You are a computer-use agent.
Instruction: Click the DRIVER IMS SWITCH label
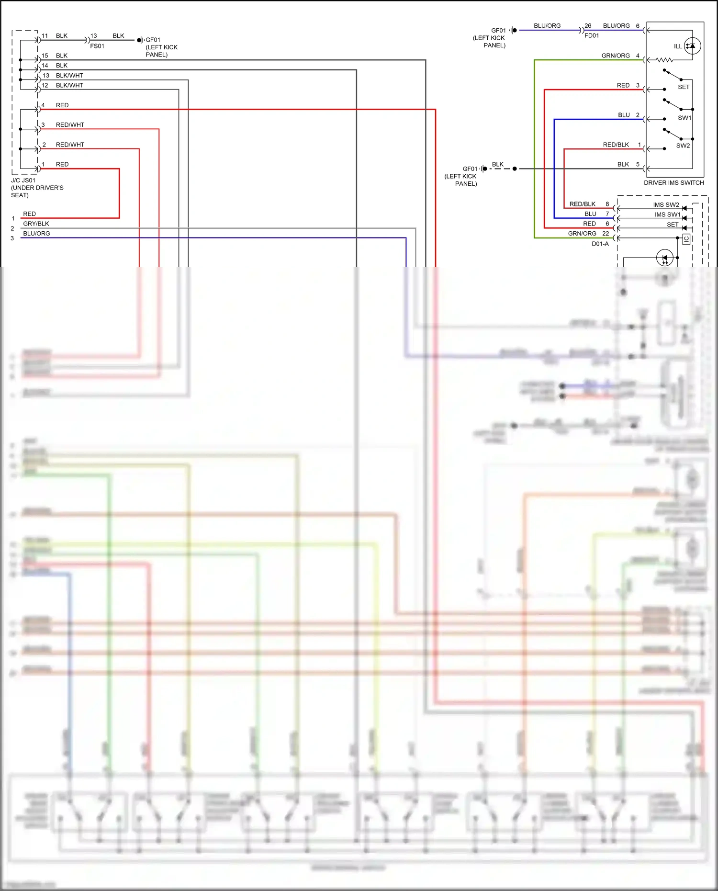point(673,182)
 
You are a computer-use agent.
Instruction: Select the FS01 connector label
point(97,46)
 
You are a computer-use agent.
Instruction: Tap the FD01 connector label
point(592,35)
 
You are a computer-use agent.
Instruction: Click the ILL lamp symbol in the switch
point(692,46)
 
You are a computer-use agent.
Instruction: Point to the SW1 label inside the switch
point(684,118)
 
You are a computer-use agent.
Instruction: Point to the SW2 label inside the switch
point(683,146)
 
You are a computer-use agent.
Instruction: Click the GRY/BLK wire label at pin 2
point(36,224)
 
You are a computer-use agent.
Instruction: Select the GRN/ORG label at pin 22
point(582,234)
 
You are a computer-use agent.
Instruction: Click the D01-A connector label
point(600,244)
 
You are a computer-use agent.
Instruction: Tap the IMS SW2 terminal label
point(666,204)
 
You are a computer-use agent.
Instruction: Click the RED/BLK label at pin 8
point(582,204)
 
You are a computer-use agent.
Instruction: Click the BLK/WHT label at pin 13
point(69,76)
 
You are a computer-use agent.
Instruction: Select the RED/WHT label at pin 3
point(70,125)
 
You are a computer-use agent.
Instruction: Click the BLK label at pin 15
point(62,56)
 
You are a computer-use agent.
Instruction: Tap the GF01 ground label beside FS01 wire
point(153,40)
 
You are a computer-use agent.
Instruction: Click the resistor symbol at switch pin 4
point(664,60)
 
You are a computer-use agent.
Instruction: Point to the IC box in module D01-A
point(686,239)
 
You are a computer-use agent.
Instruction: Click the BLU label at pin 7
point(590,214)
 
